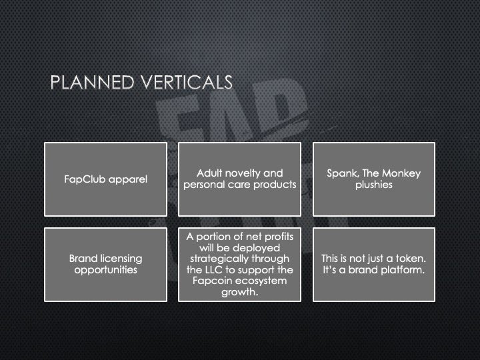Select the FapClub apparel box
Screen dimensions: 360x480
105,179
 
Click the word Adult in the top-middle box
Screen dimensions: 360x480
211,173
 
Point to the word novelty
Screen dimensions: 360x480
249,173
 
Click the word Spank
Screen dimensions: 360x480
341,173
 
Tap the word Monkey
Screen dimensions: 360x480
402,173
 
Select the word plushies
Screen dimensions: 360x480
374,185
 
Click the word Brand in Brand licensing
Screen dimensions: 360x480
84,259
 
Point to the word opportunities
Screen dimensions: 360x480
105,270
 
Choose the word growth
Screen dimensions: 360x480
239,292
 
